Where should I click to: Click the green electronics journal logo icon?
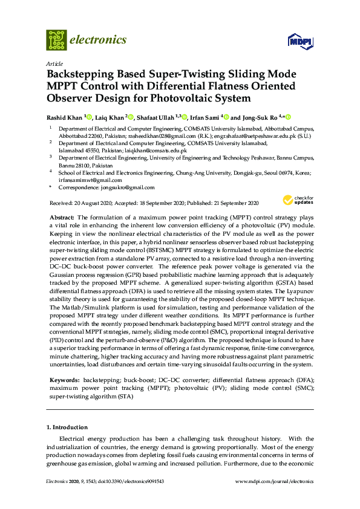[x=56, y=40]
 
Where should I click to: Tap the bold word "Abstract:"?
[x=61, y=216]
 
